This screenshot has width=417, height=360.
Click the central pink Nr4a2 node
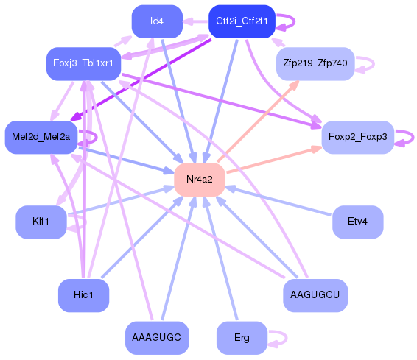tap(199, 180)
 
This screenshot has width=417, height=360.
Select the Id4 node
tap(156, 21)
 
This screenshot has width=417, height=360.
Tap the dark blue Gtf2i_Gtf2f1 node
tap(241, 21)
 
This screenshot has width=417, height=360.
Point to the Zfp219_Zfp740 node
tap(315, 64)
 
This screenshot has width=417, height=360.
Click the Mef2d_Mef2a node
tap(41, 137)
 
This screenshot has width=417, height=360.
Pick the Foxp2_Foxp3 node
tap(357, 137)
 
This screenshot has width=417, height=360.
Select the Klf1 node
tap(41, 222)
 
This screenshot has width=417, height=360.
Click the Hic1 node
tap(83, 295)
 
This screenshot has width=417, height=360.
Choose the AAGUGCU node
tap(315, 295)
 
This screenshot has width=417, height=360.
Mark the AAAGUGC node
tap(156, 337)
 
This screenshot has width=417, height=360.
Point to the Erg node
tap(241, 338)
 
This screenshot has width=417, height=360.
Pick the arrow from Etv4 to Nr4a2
tap(280, 201)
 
